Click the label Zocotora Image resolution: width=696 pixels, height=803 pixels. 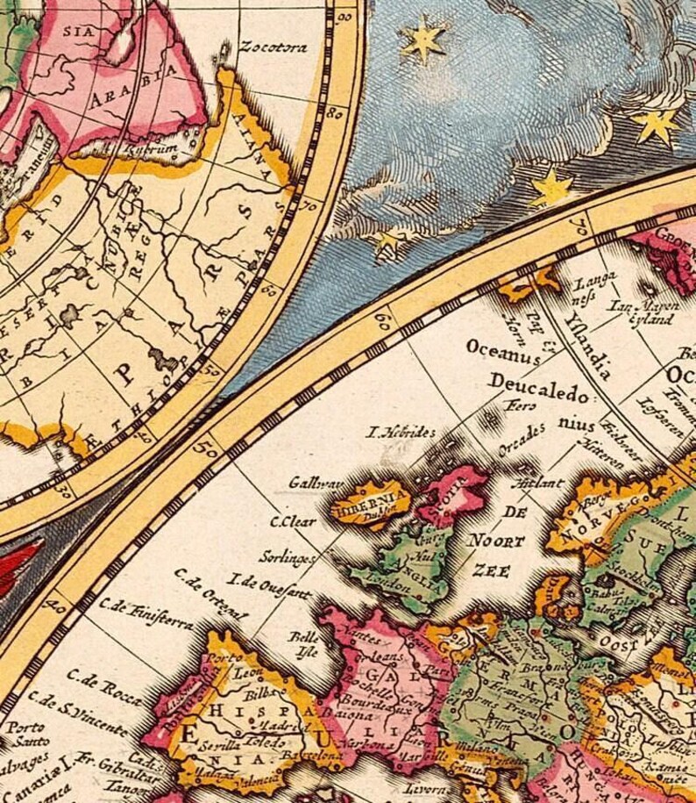(273, 47)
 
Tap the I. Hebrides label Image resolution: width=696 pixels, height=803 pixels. (401, 433)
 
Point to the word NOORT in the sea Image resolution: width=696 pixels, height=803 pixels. (495, 541)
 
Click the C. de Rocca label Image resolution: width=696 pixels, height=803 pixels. (110, 688)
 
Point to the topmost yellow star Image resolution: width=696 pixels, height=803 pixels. (423, 40)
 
